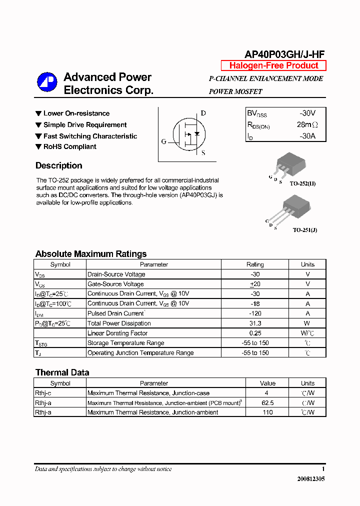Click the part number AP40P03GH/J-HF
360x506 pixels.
284,55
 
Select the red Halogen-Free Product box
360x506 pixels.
273,65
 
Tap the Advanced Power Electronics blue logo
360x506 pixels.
47,83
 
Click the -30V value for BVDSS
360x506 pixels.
307,113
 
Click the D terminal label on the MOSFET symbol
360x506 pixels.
203,113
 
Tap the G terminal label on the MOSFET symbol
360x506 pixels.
163,141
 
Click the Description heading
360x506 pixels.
58,165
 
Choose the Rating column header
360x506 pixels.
255,264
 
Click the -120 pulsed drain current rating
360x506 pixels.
255,313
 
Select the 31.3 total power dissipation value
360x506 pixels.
255,323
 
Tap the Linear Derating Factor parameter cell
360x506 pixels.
117,333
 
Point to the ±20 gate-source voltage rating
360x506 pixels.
255,284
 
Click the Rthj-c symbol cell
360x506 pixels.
43,393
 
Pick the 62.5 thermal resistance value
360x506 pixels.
267,403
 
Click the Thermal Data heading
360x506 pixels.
62,372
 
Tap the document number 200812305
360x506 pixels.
311,478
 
